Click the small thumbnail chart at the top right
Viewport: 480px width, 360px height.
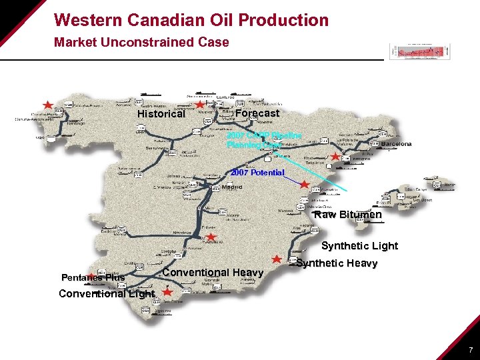pos(419,51)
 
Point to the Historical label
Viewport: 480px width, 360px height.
pos(161,114)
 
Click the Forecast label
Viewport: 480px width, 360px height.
pos(257,113)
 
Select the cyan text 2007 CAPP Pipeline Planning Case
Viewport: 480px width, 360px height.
pos(263,139)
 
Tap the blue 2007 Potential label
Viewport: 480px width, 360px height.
pos(257,173)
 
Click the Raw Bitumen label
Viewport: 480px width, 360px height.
pos(348,215)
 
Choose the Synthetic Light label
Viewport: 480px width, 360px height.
pos(359,246)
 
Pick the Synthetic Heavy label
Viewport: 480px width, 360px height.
pos(337,263)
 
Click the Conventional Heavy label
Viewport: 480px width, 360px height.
pos(213,273)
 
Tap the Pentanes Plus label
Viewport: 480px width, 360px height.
pos(93,277)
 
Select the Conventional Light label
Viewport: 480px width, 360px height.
pos(107,294)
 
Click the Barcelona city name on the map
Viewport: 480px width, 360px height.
pos(395,143)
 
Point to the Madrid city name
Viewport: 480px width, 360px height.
pos(232,187)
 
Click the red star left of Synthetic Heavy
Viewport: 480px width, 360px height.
pos(276,258)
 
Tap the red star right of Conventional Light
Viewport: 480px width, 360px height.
pos(167,292)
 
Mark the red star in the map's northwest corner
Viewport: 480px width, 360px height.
pos(47,105)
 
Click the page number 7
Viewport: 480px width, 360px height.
pos(471,349)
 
